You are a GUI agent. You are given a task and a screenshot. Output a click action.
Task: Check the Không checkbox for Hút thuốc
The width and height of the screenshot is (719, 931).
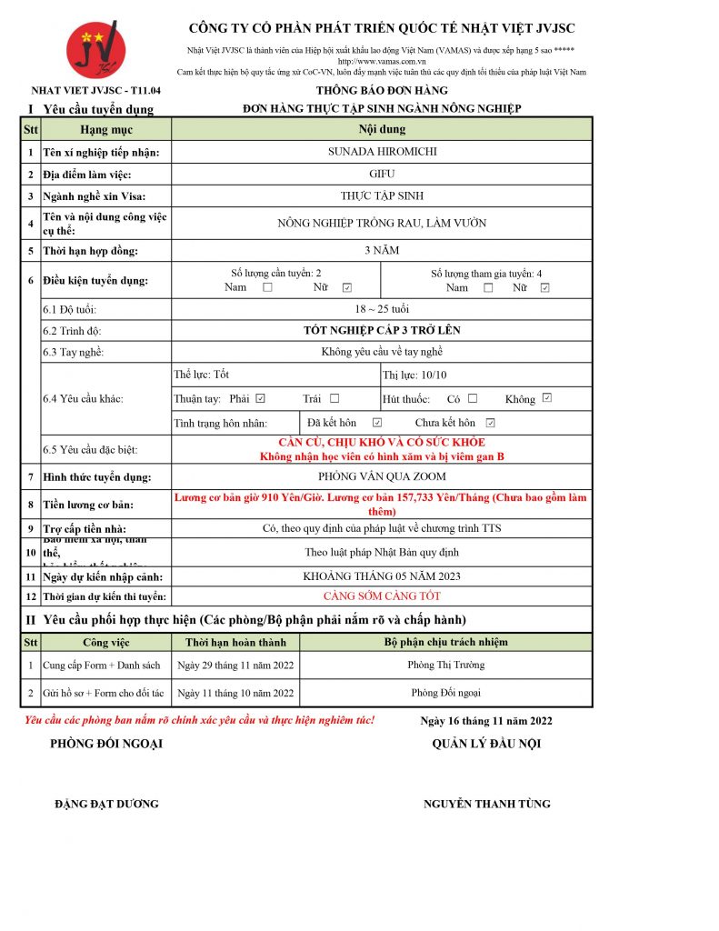point(547,398)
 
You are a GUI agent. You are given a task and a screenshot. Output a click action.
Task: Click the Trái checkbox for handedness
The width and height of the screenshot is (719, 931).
point(335,398)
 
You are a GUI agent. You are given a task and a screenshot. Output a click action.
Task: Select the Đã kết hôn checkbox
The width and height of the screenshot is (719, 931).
point(377,423)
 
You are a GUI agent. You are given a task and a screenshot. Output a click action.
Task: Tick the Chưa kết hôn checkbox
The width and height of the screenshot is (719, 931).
point(491,423)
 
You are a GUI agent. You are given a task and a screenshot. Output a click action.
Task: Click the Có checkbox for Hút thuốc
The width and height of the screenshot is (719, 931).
point(473,398)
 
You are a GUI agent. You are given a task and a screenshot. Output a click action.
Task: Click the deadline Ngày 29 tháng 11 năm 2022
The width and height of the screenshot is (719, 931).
point(235,666)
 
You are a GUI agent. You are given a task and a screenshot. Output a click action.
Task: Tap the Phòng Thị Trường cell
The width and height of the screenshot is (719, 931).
point(445,665)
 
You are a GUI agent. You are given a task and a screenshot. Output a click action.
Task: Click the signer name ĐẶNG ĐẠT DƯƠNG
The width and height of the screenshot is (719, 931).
point(106,804)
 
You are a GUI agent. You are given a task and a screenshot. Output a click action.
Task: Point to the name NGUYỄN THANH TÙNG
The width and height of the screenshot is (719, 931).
point(486,804)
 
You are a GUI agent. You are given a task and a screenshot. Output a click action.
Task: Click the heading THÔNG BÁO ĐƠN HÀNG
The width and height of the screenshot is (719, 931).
point(382,91)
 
